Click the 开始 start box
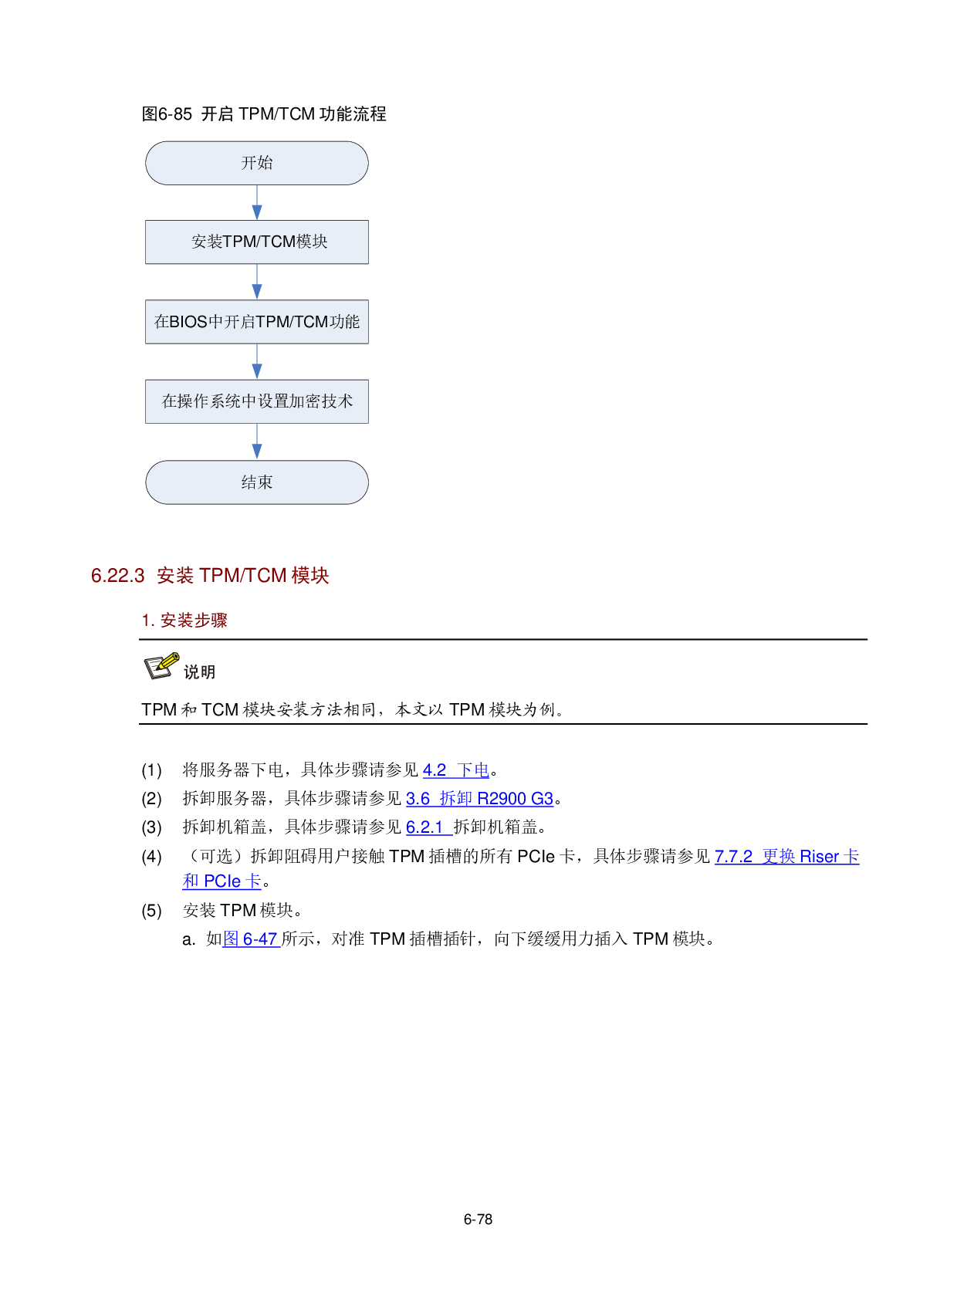(256, 163)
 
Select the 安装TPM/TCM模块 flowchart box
(256, 242)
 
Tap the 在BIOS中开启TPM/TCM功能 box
(256, 322)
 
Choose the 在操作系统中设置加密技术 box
(256, 401)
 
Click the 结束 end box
(256, 482)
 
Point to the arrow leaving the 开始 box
(257, 203)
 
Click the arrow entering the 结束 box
(257, 442)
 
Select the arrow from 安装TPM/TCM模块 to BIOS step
(257, 282)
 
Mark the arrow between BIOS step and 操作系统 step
(257, 362)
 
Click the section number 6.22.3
(118, 576)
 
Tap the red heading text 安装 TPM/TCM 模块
(243, 576)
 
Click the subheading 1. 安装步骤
(184, 621)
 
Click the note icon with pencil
(162, 666)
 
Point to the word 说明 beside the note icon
(200, 672)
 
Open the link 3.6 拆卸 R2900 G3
(479, 799)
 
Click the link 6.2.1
(426, 827)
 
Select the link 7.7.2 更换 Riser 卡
(786, 857)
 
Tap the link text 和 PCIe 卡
(221, 881)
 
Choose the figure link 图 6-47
(251, 939)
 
